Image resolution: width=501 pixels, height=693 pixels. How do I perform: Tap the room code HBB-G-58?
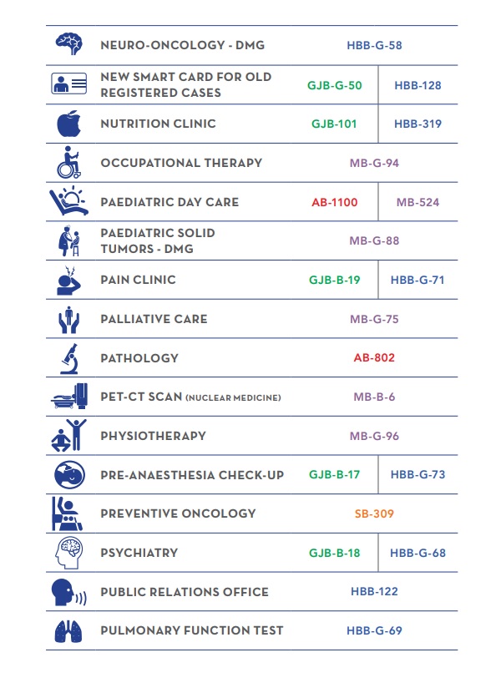pos(374,45)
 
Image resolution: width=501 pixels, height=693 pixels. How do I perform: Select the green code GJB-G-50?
pos(335,85)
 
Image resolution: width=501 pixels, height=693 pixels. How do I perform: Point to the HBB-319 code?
pos(417,124)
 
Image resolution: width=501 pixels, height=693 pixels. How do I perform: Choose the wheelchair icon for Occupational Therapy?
pos(69,163)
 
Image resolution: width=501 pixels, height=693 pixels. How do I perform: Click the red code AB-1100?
pos(334,202)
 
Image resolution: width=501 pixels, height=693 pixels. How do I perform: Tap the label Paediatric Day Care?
pos(170,202)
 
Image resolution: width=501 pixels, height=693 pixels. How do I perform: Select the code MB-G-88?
pos(374,241)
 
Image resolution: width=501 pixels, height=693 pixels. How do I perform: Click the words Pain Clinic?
pos(138,280)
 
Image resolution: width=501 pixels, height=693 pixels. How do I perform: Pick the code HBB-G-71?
pos(417,280)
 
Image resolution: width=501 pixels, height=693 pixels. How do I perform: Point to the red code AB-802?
pos(374,358)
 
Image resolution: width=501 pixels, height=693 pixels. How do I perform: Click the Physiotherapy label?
pos(153,436)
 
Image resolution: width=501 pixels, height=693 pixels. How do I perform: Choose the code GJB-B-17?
pos(334,475)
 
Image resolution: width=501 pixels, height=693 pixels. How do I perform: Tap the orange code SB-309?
pos(374,513)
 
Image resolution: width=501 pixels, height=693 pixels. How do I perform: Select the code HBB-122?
pos(374,592)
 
